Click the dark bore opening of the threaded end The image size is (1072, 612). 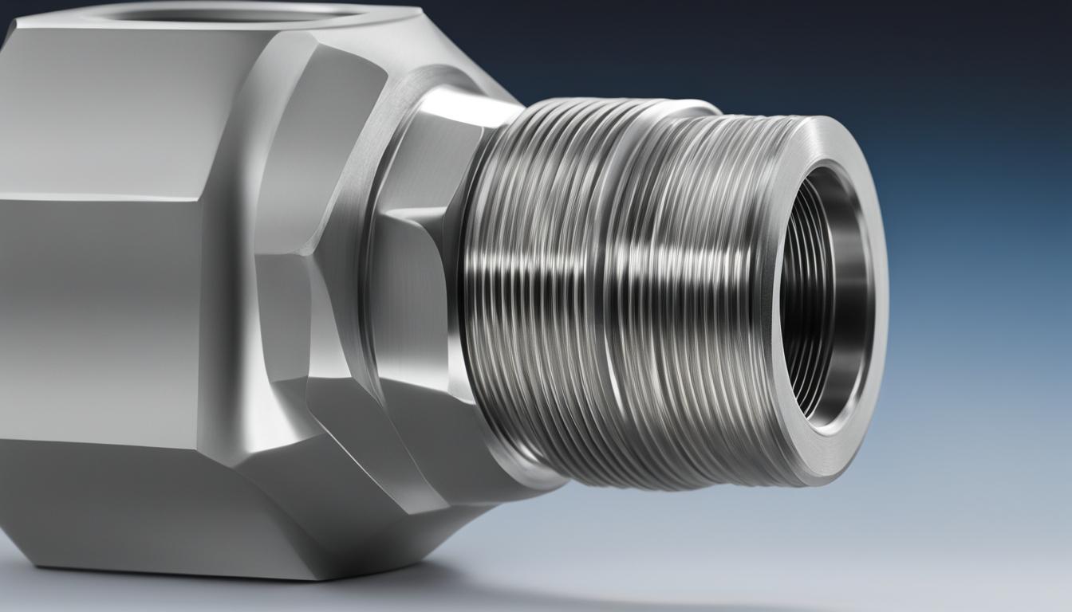(822, 295)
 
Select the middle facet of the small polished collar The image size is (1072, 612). (415, 295)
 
